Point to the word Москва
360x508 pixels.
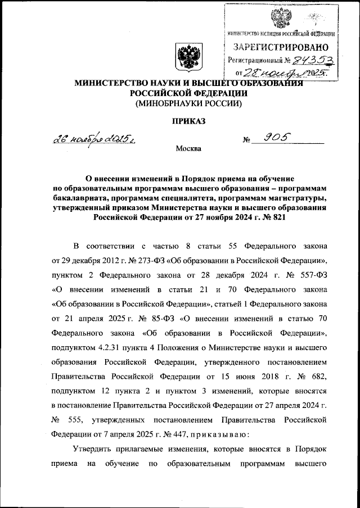pos(187,149)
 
